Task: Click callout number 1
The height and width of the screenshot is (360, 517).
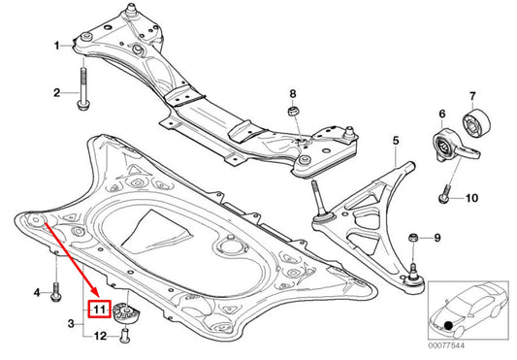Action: tap(56, 45)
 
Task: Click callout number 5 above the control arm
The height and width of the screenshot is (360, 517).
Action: tap(396, 142)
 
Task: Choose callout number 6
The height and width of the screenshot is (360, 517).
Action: tap(442, 115)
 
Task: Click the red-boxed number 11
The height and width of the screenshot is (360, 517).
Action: tap(99, 311)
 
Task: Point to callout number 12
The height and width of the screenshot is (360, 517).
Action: tap(99, 336)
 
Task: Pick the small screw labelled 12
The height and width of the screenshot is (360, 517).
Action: tap(125, 338)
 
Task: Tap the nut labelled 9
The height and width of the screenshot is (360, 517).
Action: tap(413, 237)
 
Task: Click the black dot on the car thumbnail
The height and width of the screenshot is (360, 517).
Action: tap(449, 324)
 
